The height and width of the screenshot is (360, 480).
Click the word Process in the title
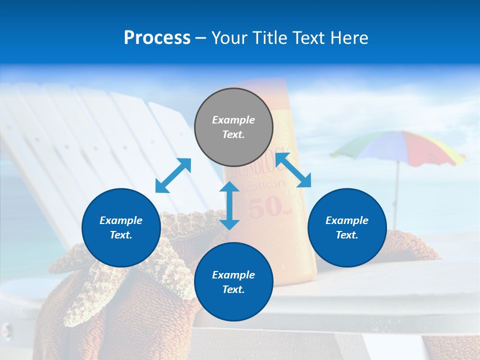pos(157,38)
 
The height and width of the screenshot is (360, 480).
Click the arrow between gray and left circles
pos(173,175)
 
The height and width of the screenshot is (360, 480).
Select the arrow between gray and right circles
pos(293,170)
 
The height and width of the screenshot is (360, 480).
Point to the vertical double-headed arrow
pos(229,205)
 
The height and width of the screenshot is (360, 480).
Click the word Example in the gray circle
pos(233,120)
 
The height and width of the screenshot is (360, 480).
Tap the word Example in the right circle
pos(347,220)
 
